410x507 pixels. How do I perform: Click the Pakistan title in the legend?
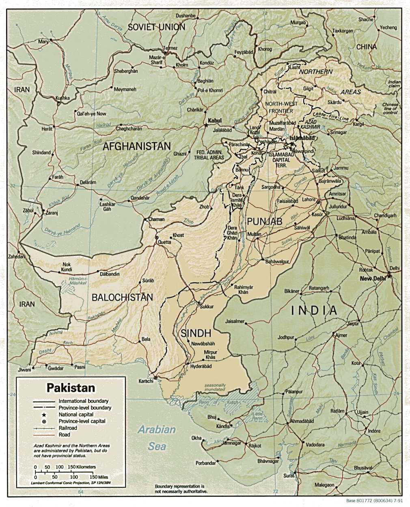(x=71, y=388)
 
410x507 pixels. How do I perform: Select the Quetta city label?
(x=164, y=242)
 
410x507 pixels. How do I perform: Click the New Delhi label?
(x=372, y=279)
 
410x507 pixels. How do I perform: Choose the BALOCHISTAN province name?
(x=122, y=297)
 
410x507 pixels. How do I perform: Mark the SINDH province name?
(x=196, y=333)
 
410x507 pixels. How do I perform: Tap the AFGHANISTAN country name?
(x=136, y=147)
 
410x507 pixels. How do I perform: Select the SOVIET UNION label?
(x=156, y=27)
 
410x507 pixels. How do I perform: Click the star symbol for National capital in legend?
(x=42, y=414)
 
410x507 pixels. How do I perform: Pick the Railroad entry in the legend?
(x=68, y=428)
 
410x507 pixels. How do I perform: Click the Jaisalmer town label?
(x=235, y=321)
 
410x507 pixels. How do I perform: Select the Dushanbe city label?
(x=186, y=16)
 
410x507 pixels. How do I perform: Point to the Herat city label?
(x=47, y=129)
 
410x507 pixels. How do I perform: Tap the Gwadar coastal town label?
(x=56, y=368)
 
